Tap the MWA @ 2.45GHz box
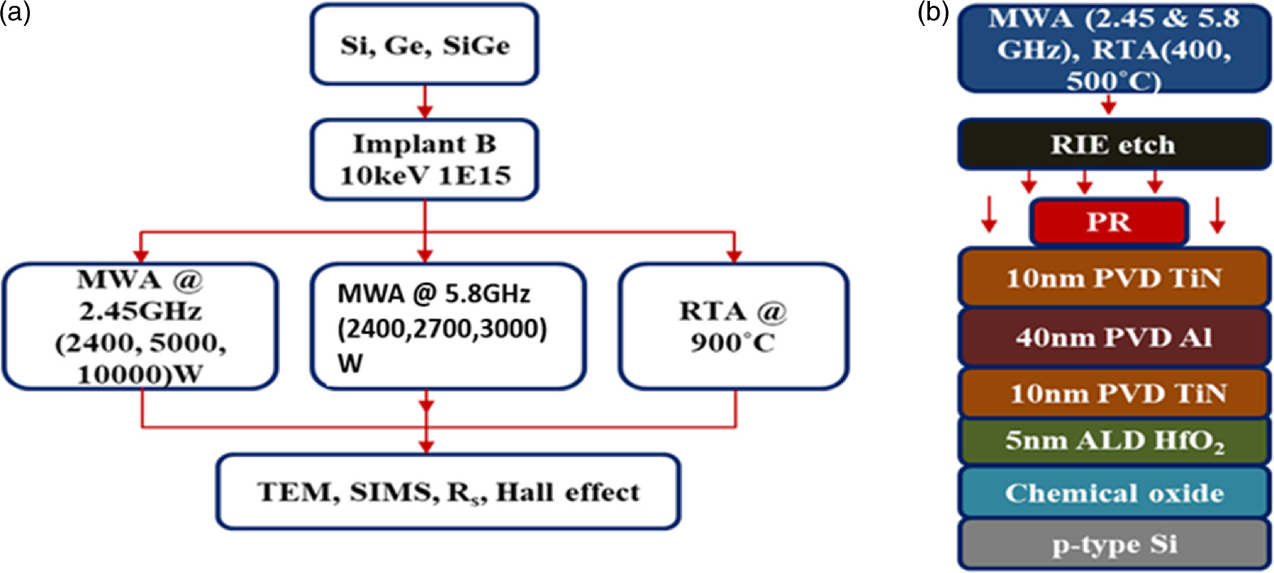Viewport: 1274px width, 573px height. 142,325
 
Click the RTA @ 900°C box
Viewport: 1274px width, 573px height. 734,325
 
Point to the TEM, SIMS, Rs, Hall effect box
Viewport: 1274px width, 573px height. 447,491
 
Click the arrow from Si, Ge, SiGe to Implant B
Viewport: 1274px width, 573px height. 425,102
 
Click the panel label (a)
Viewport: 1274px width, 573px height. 15,13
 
